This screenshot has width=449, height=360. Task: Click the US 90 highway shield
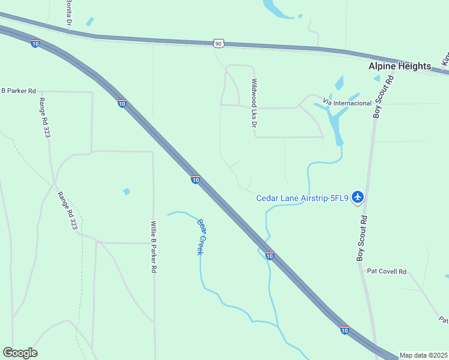click(218, 43)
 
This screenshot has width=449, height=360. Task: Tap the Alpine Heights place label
click(400, 66)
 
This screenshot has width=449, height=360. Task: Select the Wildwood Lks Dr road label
click(255, 103)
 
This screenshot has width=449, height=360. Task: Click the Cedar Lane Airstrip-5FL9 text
click(303, 198)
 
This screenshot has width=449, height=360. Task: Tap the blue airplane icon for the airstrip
click(358, 196)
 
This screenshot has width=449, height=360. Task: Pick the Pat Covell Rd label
click(387, 271)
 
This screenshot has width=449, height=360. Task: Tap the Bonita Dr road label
click(69, 12)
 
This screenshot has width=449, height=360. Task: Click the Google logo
click(20, 353)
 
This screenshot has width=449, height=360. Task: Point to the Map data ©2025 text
click(423, 355)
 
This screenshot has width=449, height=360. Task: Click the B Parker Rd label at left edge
click(19, 91)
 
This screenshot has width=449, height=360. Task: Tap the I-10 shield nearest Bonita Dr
click(35, 43)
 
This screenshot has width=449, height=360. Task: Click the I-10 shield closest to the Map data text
click(345, 329)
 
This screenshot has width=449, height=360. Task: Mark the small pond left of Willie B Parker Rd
click(126, 192)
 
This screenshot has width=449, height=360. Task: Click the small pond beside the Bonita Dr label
click(90, 22)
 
